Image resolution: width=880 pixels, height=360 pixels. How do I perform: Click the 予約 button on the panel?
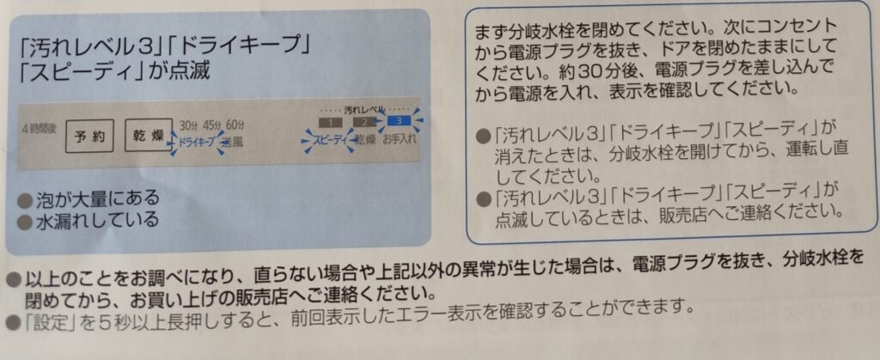click(x=89, y=137)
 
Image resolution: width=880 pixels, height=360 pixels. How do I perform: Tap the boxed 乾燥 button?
click(x=148, y=135)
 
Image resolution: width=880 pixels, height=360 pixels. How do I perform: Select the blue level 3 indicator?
click(x=399, y=120)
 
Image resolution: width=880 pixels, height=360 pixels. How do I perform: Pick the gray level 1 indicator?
click(x=331, y=122)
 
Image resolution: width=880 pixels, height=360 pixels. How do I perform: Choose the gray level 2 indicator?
click(x=364, y=121)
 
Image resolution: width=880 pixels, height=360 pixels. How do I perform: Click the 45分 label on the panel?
click(x=211, y=125)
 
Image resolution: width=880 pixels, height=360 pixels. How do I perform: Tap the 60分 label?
click(x=235, y=125)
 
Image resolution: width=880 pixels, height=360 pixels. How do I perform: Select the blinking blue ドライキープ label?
click(x=197, y=142)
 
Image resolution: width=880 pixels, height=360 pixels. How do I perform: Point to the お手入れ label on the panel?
click(x=400, y=139)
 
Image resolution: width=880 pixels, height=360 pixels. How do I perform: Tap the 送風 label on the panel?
click(x=233, y=141)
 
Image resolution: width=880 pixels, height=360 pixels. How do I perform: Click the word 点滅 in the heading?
click(x=190, y=72)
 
